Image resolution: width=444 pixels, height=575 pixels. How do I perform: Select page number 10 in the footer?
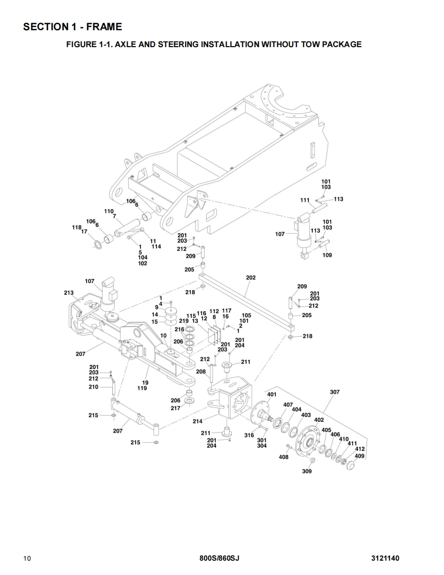point(27,558)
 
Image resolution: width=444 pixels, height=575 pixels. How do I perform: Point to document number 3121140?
point(385,558)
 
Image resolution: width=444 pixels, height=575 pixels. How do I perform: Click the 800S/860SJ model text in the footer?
point(219,558)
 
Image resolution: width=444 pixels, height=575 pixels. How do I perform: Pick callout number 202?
point(251,278)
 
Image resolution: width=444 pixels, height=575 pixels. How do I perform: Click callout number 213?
point(69,293)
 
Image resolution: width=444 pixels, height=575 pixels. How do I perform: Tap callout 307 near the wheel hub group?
point(334,392)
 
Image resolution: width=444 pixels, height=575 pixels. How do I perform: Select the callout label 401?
point(272,395)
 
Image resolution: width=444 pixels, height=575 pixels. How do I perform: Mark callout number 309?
point(307,471)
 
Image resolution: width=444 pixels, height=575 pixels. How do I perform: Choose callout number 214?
point(197,421)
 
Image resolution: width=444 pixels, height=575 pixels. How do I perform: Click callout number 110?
point(109,211)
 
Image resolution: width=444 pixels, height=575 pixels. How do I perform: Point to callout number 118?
point(77,227)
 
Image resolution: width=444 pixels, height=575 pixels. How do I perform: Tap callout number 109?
point(327,255)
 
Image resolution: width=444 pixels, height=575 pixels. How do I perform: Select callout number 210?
point(93,387)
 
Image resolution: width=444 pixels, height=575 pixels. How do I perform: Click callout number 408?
point(283,457)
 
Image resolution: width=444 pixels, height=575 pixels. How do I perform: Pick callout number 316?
point(249,435)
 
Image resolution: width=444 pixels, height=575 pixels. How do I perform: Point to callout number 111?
point(305,200)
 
